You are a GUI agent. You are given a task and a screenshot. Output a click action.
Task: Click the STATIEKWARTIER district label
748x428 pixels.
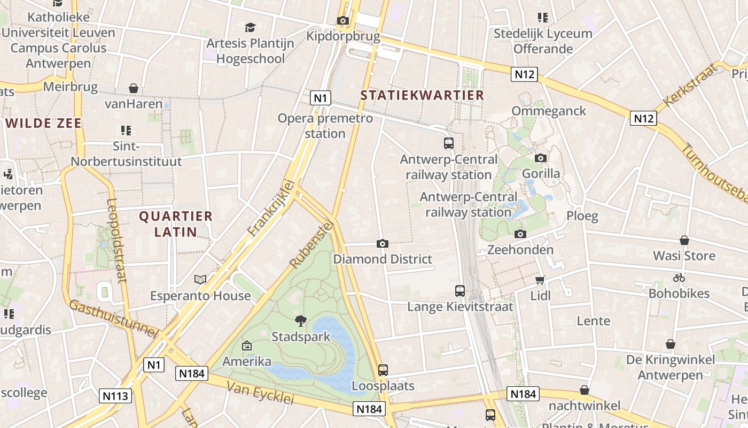coord(422,95)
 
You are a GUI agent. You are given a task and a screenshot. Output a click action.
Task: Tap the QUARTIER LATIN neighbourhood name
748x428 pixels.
coord(176,224)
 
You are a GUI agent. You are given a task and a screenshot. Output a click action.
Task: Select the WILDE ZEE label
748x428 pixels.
coord(44,123)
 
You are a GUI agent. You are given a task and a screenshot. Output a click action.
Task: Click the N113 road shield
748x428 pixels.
coord(115,396)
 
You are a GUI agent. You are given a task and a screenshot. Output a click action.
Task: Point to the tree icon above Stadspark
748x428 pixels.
coord(301,321)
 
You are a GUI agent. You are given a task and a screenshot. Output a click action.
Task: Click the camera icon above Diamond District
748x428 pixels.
coord(382,244)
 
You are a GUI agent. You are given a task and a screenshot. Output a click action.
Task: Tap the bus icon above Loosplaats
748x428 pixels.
coord(383,370)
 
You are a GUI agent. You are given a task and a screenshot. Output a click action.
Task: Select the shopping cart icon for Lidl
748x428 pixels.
coord(540,280)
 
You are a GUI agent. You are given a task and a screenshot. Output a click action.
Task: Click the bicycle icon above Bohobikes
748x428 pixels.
coord(679,278)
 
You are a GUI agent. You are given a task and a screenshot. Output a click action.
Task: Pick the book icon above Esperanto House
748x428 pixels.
coord(200,279)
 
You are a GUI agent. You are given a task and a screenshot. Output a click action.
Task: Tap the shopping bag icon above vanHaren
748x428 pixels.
coord(134,88)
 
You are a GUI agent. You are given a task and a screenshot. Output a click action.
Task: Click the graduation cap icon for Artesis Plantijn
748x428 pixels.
coord(250,27)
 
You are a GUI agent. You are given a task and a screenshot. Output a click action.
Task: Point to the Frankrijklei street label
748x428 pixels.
coord(271,208)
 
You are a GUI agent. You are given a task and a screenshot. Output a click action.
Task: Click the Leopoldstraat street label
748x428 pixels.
coord(116,240)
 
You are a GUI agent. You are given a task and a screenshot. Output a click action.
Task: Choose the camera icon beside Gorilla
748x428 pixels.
coord(541,158)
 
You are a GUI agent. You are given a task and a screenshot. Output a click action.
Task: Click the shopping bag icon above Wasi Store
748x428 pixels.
coord(684,240)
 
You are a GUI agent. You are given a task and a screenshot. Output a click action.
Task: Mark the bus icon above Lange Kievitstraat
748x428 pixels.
coord(460,291)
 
